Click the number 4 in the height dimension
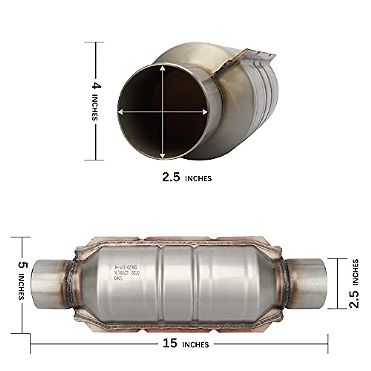pos(96,85)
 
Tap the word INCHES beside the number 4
pos(95,107)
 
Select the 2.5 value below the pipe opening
pos(171,177)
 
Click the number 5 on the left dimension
pos(23,265)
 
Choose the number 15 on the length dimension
pos(170,343)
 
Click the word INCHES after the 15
pos(195,344)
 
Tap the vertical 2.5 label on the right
pos(354,298)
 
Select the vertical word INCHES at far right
pos(356,272)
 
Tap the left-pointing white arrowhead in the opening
pos(121,112)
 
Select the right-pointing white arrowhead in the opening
pos(205,112)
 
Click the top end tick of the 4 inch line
pos(95,42)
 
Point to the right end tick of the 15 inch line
pos(328,343)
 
